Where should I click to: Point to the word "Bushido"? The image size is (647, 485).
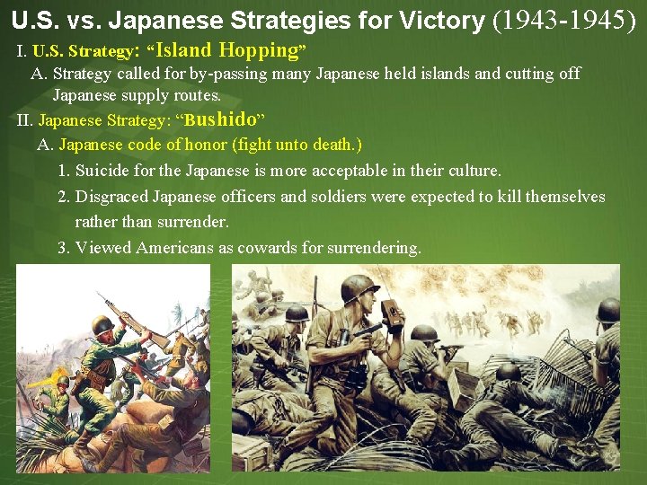[x=220, y=119]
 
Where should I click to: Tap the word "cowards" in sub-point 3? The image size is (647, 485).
[x=267, y=248]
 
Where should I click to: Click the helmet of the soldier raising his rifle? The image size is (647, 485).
[x=102, y=324]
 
